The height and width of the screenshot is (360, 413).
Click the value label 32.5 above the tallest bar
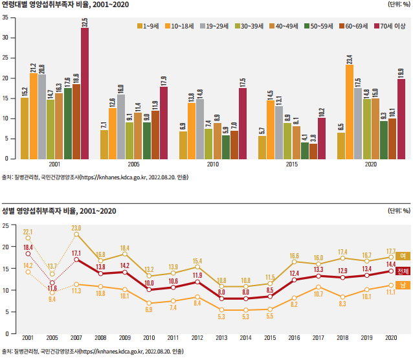point(85,23)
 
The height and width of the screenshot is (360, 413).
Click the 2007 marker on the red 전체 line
point(76,260)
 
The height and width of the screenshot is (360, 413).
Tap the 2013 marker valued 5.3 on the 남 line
point(221,310)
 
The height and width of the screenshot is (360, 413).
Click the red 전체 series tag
point(403,271)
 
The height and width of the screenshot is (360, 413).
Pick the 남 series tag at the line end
point(403,286)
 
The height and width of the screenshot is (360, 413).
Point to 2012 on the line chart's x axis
point(197,339)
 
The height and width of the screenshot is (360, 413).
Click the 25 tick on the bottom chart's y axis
point(5,225)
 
